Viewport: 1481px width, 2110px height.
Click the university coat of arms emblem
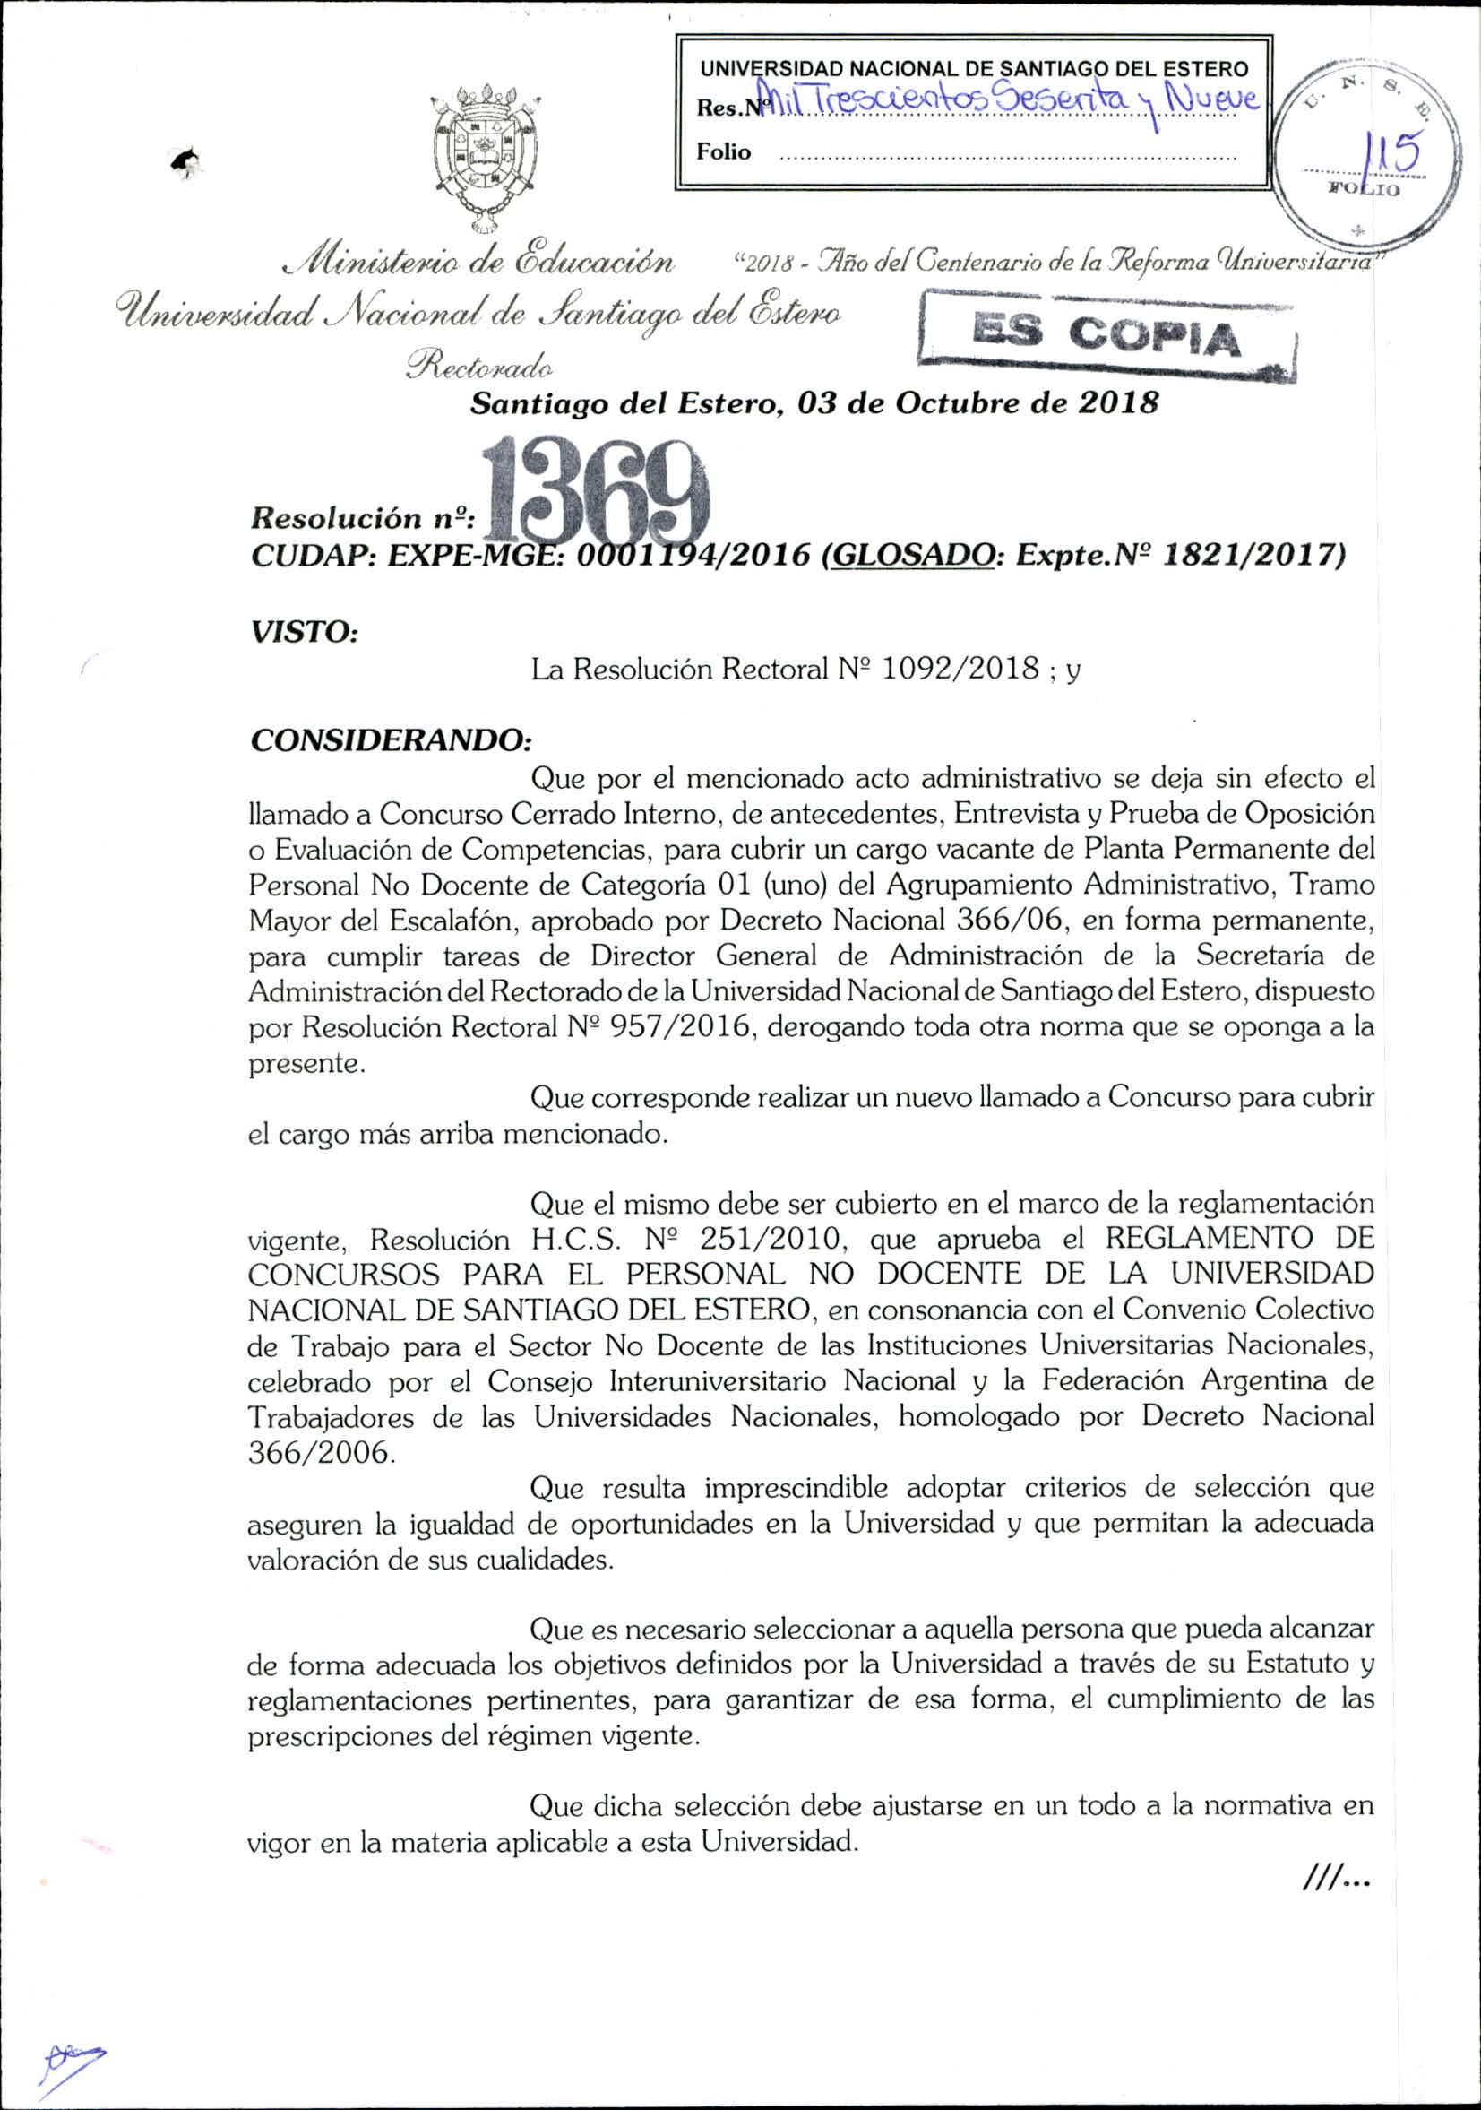coord(486,156)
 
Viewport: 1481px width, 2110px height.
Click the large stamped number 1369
coord(599,497)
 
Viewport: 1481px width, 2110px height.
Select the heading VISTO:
coord(303,631)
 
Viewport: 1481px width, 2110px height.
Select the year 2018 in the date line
coord(1116,403)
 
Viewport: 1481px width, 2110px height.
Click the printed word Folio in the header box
coord(723,151)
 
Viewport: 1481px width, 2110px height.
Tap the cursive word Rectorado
coord(478,367)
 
